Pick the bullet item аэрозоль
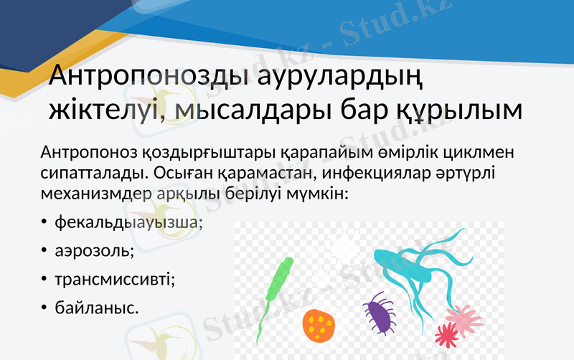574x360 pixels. pos(95,252)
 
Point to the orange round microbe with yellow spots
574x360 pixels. pos(319,325)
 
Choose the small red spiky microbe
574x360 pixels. pos(446,333)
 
